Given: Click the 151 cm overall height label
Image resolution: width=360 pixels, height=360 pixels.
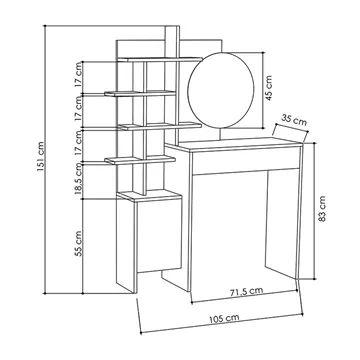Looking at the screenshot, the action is [x=40, y=157].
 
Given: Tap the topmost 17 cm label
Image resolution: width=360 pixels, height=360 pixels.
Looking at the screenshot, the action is [x=78, y=79].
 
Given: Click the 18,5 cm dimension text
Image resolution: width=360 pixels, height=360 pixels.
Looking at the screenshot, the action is [x=78, y=178].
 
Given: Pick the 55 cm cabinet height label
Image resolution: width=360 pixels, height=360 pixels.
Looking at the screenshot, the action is [x=78, y=244].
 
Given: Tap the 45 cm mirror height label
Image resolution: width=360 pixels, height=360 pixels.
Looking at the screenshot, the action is [x=269, y=88].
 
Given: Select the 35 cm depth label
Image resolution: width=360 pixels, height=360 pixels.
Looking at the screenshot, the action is [x=294, y=120].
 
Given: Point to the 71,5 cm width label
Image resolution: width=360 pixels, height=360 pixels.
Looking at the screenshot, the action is [x=246, y=292].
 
